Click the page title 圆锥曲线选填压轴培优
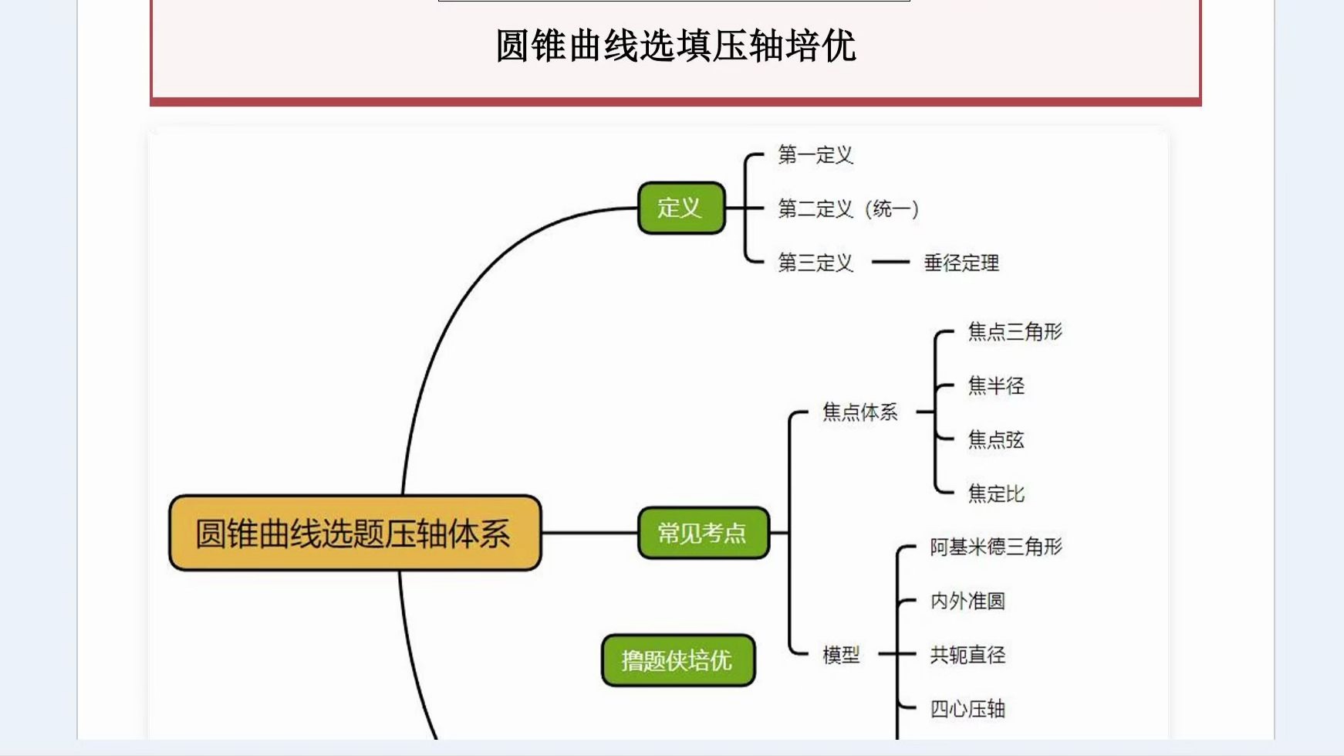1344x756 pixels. pos(675,46)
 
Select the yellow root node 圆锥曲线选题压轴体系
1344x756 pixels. pos(354,534)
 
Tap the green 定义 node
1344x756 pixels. pos(680,208)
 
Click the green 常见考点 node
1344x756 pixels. pos(703,533)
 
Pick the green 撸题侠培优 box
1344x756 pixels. pos(677,660)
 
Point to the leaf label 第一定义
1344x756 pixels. pos(815,155)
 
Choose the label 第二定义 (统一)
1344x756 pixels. pos(847,208)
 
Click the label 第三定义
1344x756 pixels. pos(815,263)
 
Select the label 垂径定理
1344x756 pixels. pos(961,263)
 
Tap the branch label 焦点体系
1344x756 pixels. pos(859,412)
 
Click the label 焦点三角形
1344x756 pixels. pos(1015,331)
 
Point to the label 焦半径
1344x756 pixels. pos(996,385)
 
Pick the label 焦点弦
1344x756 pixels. pos(996,439)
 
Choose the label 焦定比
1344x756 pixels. pos(996,493)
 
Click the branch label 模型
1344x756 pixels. pos(841,655)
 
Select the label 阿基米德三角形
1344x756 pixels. pos(995,547)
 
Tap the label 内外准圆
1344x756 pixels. pos(967,601)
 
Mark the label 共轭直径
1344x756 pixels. pos(967,655)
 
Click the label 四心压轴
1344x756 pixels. pos(967,708)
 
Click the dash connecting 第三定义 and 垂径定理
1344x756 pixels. pos(890,263)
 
